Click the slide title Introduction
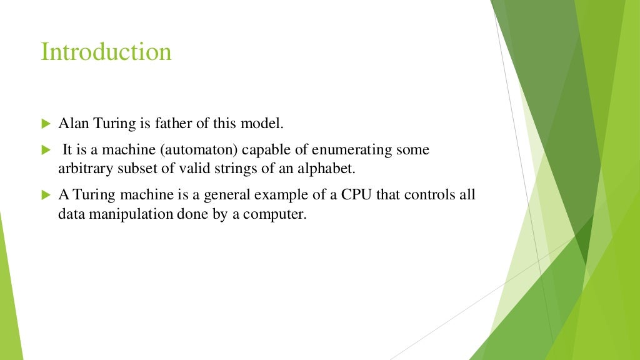[x=106, y=51]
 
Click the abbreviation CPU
[x=356, y=195]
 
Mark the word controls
[x=426, y=195]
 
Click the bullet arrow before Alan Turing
[x=45, y=124]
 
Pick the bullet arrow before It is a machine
[x=45, y=151]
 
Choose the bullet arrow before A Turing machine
[x=45, y=196]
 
